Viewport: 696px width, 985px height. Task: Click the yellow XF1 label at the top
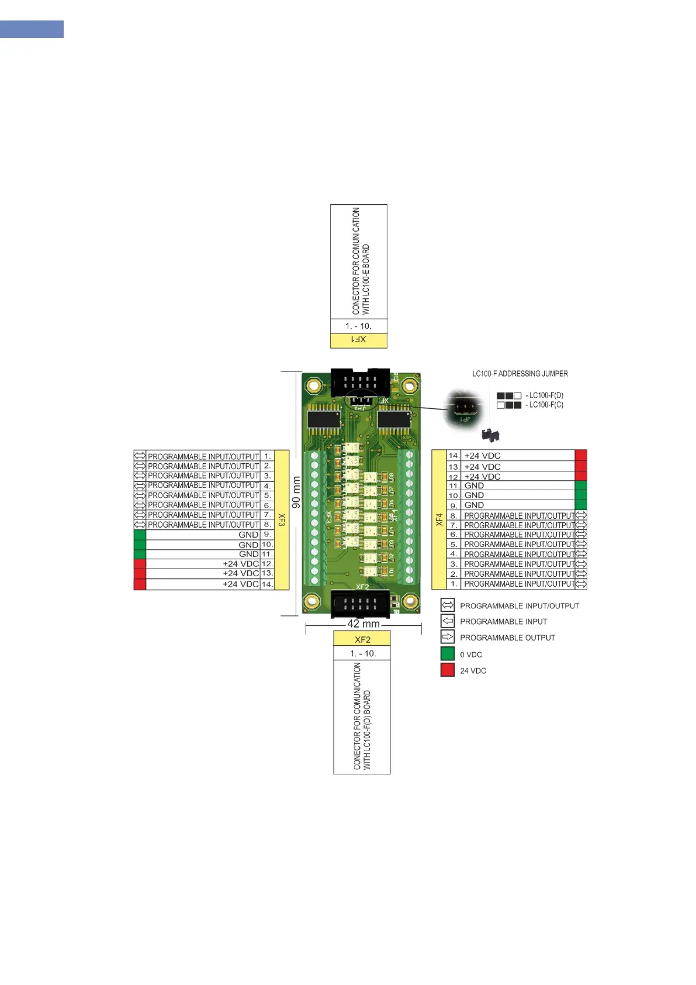click(358, 340)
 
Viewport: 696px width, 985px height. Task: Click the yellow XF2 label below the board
click(362, 639)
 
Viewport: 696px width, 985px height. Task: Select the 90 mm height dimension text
click(296, 492)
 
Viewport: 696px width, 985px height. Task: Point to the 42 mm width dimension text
click(363, 624)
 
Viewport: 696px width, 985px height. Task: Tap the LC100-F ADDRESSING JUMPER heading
click(520, 374)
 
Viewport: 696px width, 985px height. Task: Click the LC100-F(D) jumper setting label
click(546, 395)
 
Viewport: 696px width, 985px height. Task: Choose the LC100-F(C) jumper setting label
click(546, 405)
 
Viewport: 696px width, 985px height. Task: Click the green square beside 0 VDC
click(448, 654)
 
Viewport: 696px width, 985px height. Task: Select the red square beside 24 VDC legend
click(448, 670)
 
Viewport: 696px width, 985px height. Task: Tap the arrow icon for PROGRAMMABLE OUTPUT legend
click(448, 637)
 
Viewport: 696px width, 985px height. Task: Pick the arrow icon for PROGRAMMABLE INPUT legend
click(448, 621)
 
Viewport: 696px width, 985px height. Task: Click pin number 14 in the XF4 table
click(453, 456)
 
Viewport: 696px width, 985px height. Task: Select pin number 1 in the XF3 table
click(267, 456)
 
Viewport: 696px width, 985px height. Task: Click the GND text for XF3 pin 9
click(248, 535)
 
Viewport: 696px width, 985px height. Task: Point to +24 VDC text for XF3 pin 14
click(240, 584)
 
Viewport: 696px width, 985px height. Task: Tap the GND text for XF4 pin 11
click(474, 485)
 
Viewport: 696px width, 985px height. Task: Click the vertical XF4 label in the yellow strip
click(439, 519)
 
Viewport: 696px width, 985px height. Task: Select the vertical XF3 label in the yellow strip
click(282, 519)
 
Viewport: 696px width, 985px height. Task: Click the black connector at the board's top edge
click(360, 383)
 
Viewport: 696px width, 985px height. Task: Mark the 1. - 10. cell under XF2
click(362, 653)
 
